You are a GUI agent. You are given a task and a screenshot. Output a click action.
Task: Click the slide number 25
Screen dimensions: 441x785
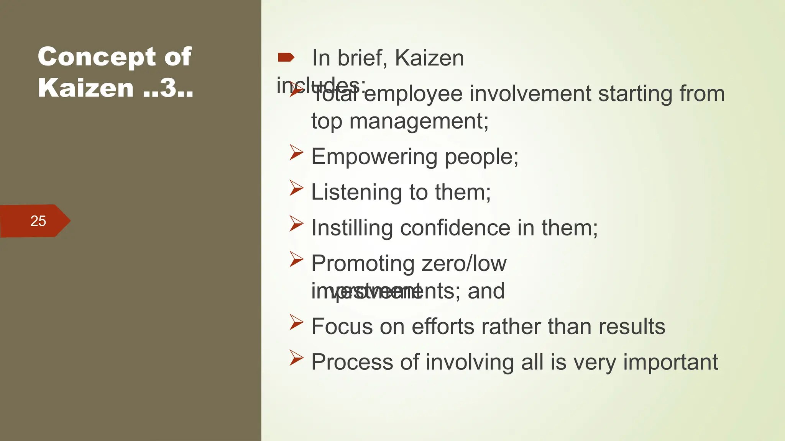click(x=38, y=221)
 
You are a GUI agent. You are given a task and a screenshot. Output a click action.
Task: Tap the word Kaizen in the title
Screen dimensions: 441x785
click(x=86, y=88)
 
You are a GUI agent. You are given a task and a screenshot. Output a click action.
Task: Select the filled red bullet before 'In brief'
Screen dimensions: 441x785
click(x=286, y=58)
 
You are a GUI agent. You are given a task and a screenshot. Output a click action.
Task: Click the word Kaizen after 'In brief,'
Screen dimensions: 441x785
click(x=429, y=58)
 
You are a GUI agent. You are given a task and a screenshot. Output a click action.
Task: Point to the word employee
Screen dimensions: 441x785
click(x=413, y=94)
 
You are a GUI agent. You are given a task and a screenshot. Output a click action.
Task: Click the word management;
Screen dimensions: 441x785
click(x=419, y=121)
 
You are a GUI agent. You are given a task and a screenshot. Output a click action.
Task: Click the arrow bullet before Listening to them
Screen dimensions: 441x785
click(x=296, y=188)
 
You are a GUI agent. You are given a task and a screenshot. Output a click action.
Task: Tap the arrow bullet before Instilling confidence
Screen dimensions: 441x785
click(x=296, y=223)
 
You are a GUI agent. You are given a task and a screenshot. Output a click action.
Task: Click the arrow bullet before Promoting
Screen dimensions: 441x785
click(x=296, y=259)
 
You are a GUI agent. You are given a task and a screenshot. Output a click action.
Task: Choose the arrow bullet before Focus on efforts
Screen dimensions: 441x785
click(x=296, y=322)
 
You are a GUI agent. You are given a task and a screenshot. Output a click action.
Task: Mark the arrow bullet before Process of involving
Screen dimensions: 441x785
click(x=296, y=358)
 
